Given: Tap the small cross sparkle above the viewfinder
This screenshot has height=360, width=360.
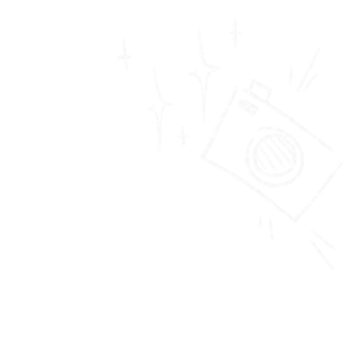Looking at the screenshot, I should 235,34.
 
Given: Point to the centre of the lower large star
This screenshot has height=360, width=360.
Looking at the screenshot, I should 158,107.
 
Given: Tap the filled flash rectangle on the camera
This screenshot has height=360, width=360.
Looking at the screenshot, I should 248,107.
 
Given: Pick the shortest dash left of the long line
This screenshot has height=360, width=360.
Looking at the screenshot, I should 290,76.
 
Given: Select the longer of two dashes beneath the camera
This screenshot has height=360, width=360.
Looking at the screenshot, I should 271,230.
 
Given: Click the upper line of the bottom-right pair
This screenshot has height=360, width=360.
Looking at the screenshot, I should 323,240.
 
